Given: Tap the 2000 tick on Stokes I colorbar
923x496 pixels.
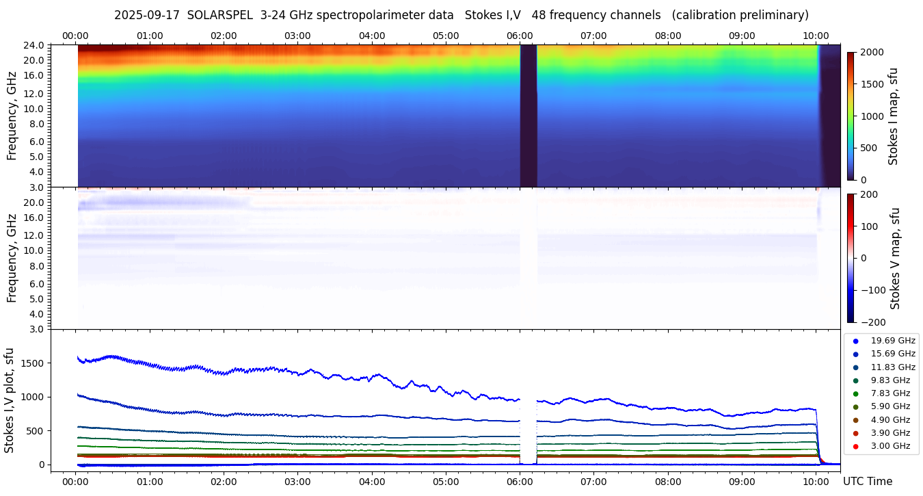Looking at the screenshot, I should (x=871, y=53).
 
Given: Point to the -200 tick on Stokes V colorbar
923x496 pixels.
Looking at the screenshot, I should (x=872, y=322).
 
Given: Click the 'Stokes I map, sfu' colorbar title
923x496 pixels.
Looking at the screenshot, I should (x=893, y=116).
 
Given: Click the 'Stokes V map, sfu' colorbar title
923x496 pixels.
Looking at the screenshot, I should (x=895, y=258).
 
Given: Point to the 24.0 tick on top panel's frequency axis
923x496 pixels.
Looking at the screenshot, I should (x=36, y=45).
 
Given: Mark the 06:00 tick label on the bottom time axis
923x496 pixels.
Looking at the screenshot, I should (x=520, y=482).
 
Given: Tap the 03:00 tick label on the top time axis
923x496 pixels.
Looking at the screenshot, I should (x=297, y=36).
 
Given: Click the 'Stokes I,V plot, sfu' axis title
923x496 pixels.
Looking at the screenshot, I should (x=10, y=400).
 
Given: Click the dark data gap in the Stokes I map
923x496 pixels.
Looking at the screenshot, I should (x=528, y=116).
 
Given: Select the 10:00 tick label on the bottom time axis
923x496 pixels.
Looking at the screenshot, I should (x=816, y=482).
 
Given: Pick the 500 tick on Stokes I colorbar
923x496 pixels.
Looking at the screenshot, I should (x=868, y=148).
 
